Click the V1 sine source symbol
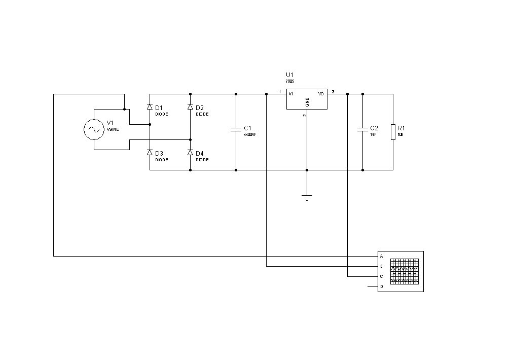pos(94,129)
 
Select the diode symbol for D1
pos(150,107)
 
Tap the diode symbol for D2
pos(190,107)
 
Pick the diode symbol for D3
pos(150,152)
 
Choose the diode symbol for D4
pos(190,152)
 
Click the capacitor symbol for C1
pos(236,129)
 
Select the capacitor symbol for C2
pos(362,129)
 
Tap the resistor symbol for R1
pos(393,131)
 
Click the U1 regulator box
pos(307,99)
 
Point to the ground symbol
pos(307,197)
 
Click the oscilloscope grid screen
pos(405,271)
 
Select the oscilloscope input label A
pos(381,256)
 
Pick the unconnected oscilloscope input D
pos(381,286)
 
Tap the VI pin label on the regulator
pos(291,94)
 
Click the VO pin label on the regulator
pos(321,94)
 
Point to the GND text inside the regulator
pos(307,102)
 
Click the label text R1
pos(401,128)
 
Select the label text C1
pos(247,128)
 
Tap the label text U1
pos(289,75)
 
